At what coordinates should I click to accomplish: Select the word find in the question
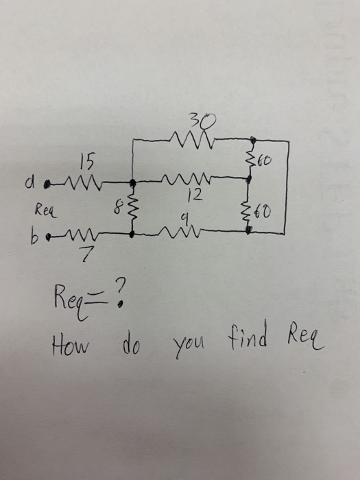[x=239, y=335]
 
